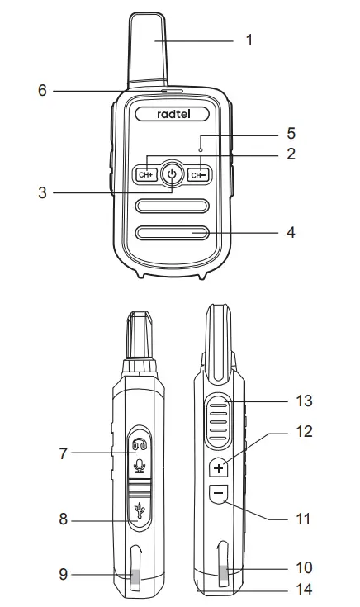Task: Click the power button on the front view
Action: pos(172,174)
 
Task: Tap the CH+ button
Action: pos(146,174)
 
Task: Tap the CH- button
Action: pos(197,174)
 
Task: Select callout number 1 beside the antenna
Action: pos(249,39)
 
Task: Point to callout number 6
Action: pos(42,91)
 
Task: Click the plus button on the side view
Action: pos(218,468)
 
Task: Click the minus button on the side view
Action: pos(218,493)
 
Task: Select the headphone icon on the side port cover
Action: pos(138,445)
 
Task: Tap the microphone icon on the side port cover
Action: pos(138,467)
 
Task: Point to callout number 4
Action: pos(289,233)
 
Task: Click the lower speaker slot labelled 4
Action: pos(172,233)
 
